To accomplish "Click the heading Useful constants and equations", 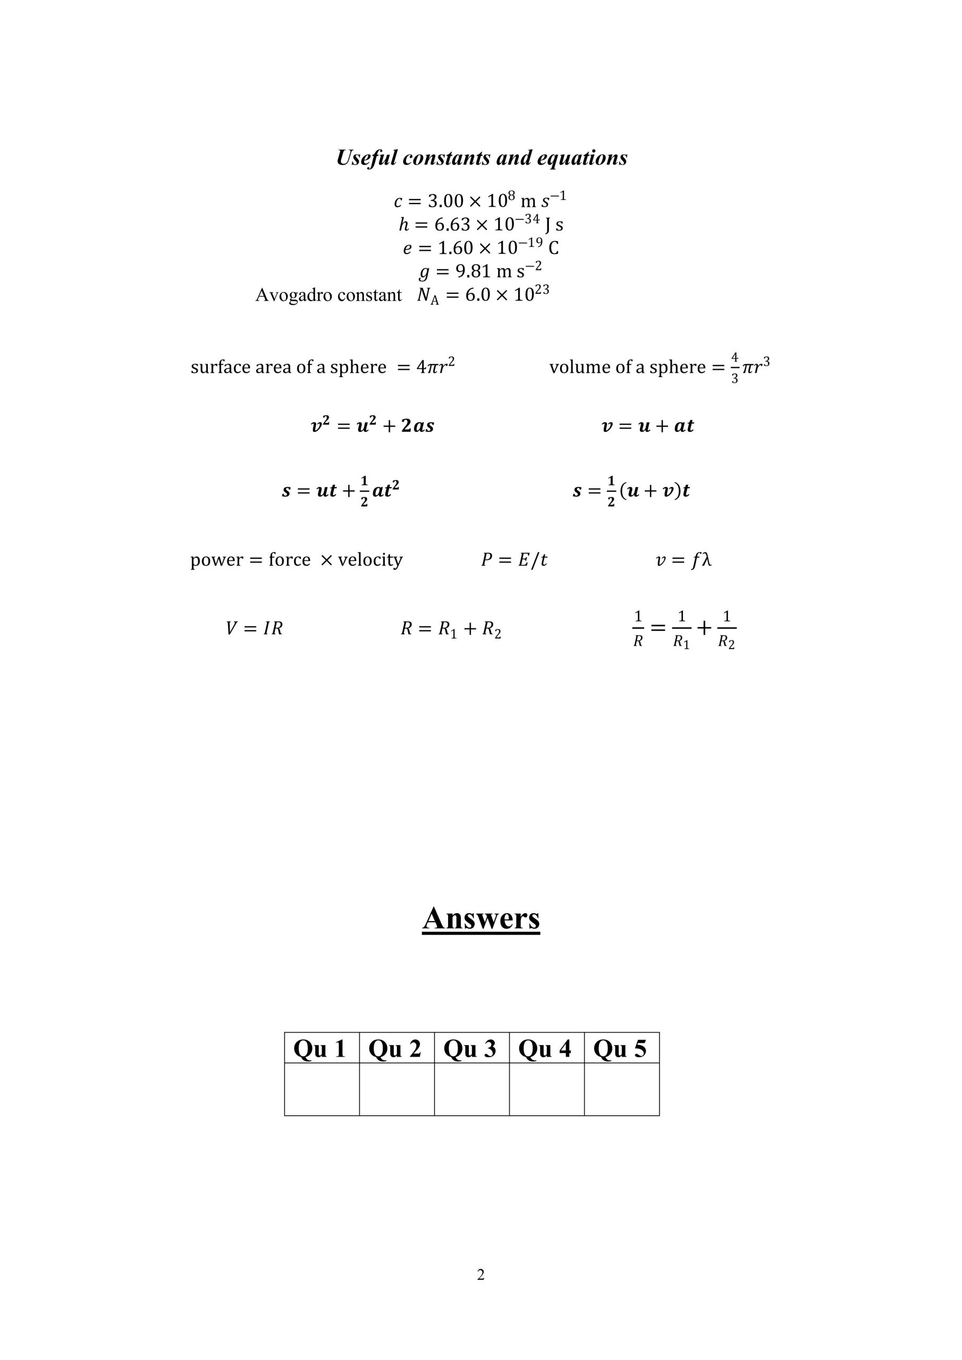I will (482, 158).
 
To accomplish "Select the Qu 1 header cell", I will (320, 1049).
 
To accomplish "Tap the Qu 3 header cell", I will (470, 1049).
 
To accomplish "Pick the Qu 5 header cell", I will (620, 1049).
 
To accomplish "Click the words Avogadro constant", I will (328, 295).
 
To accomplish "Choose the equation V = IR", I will (254, 628).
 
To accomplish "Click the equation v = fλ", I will (683, 560).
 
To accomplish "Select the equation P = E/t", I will (514, 560).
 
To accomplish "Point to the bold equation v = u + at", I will (647, 426).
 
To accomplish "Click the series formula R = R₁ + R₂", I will (451, 629).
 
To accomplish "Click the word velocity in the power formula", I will (370, 560).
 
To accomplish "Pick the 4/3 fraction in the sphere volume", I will (735, 367).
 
